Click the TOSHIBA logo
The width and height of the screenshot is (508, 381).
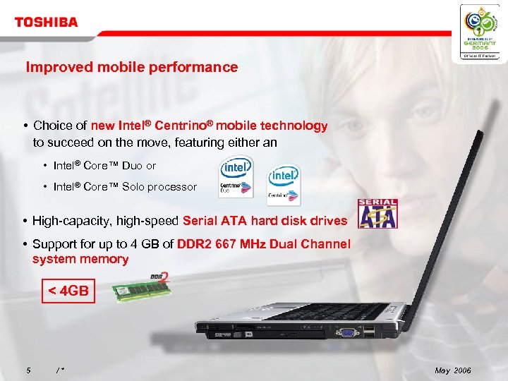(47, 22)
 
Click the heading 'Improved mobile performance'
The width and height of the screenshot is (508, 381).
(132, 68)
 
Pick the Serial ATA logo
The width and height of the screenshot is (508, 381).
(378, 214)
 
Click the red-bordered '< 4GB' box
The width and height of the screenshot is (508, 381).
(68, 290)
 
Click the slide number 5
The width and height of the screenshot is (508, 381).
(28, 371)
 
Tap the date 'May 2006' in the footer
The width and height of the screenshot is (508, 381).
(452, 371)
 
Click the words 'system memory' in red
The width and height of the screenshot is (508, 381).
(80, 259)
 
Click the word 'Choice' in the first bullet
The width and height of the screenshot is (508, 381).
(54, 126)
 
